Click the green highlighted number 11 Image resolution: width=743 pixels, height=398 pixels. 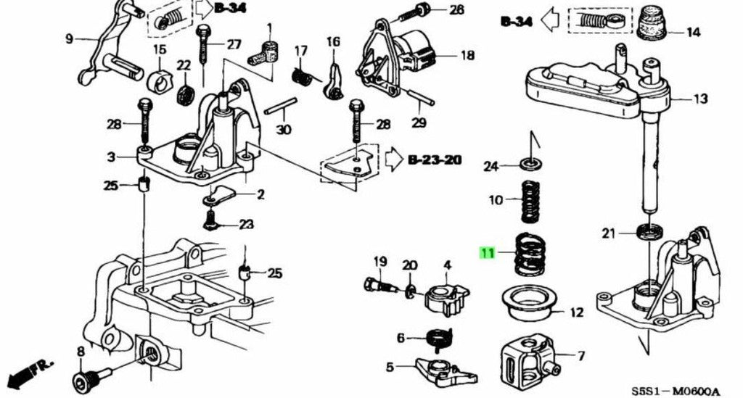click(x=487, y=253)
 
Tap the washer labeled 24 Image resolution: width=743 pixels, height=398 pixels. click(x=532, y=165)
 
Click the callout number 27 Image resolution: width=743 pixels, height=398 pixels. click(x=233, y=45)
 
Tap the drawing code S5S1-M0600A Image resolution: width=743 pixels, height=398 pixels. click(x=676, y=391)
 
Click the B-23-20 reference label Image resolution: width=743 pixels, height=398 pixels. click(x=434, y=159)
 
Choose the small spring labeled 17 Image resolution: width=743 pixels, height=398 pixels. click(x=301, y=77)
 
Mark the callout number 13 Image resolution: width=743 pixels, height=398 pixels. click(x=700, y=99)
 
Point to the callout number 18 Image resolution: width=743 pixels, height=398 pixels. click(x=467, y=55)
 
